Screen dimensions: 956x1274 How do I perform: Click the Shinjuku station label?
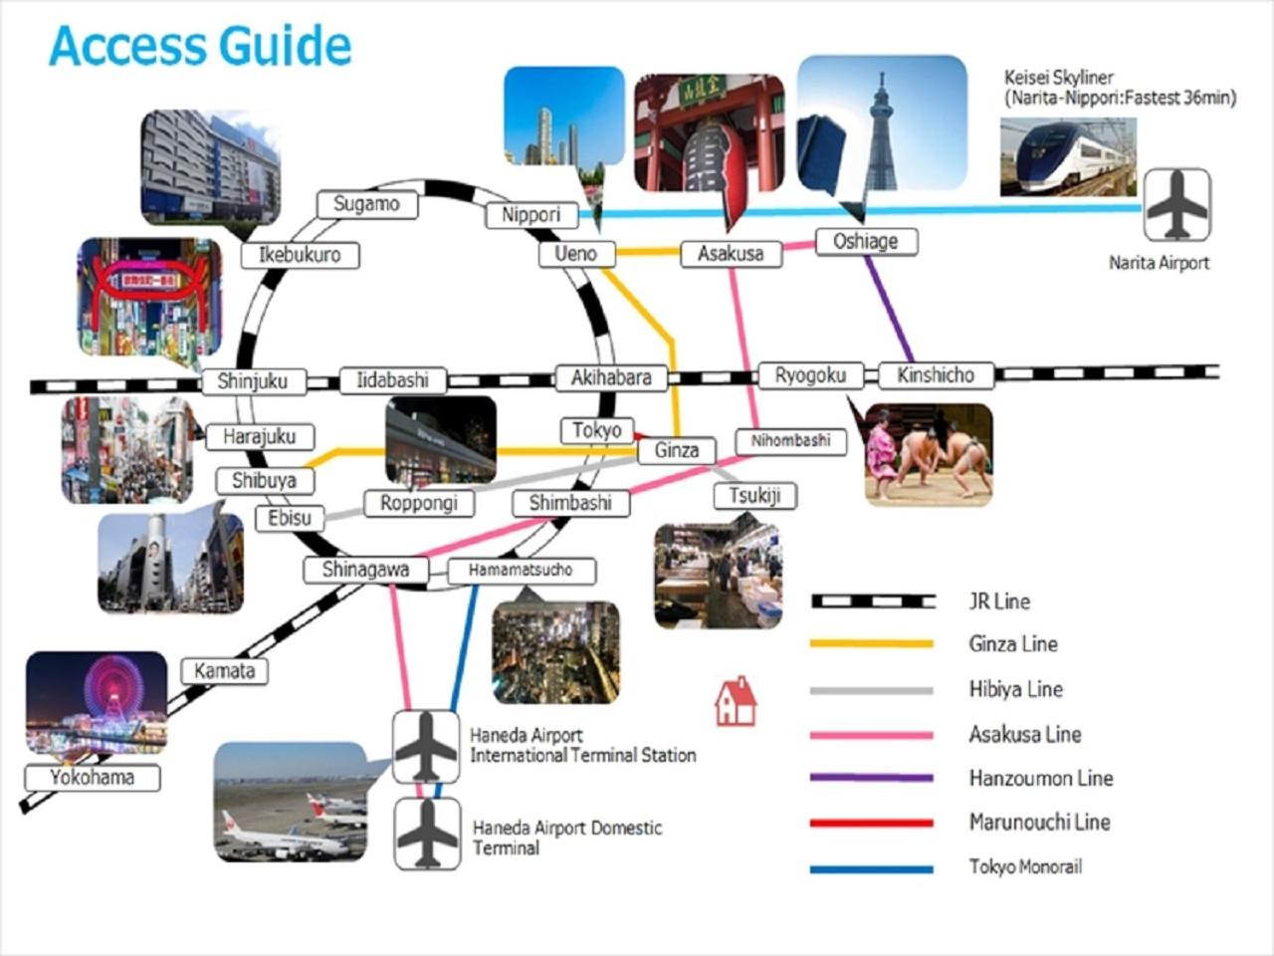coord(252,381)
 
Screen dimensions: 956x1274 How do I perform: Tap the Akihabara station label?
coord(611,378)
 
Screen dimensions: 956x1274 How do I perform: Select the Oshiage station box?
coord(865,242)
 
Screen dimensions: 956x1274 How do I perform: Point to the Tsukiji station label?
coord(754,496)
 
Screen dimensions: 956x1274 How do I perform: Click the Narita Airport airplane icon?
coord(1176,205)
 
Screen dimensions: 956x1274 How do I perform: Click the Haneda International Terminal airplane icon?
coord(426,747)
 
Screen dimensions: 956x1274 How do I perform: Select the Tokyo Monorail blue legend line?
coord(872,868)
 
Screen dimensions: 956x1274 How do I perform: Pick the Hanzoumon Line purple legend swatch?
coord(872,778)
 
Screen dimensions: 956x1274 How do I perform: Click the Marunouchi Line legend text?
coord(1039,823)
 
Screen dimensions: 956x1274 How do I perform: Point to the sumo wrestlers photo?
coord(928,454)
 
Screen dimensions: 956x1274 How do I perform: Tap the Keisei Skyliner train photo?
coord(1067,155)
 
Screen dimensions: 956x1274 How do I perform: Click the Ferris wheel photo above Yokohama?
coord(97,701)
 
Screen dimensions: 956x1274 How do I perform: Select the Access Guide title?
coord(200,46)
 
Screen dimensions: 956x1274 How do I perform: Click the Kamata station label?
coord(224,671)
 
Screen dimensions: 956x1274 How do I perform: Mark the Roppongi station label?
coord(419,504)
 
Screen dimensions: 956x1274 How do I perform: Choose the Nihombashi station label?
coord(790,440)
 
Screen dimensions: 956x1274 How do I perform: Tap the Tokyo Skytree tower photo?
coord(882,123)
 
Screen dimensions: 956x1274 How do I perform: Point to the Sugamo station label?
coord(366,204)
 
